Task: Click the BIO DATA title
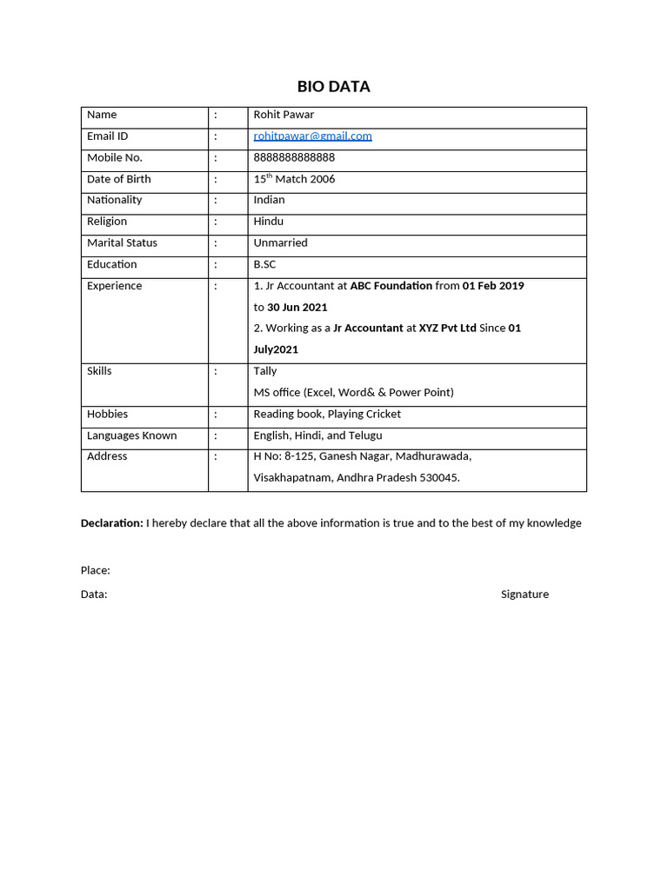pos(333,86)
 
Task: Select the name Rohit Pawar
pos(284,115)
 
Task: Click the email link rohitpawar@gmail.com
pos(312,136)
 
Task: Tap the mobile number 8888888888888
pos(294,157)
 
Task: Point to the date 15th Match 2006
pos(294,179)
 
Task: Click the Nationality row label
pos(114,200)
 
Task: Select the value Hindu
pos(268,222)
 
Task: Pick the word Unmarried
pos(280,243)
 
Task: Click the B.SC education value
pos(264,264)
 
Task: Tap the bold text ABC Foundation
pos(391,286)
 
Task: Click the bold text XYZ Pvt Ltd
pos(447,329)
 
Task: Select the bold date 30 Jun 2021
pos(297,308)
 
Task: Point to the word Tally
pos(265,371)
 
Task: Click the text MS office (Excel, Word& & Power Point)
pos(353,393)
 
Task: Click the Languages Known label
pos(131,435)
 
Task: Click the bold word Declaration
pos(111,523)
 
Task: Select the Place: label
pos(95,570)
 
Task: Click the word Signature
pos(524,594)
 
